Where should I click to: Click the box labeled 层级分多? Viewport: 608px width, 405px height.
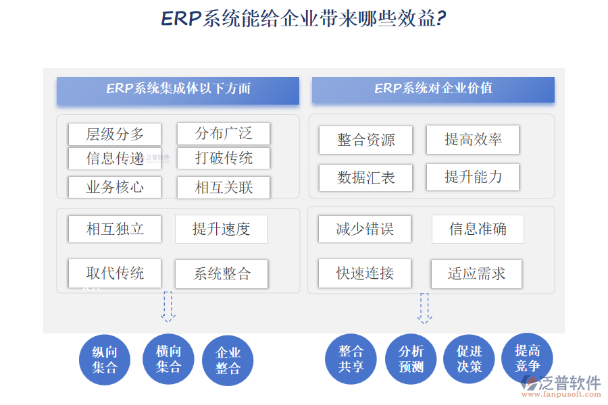[115, 134]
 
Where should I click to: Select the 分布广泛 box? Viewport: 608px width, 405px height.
[224, 133]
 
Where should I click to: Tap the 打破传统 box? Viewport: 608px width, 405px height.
[224, 158]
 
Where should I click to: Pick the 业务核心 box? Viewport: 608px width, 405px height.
[115, 187]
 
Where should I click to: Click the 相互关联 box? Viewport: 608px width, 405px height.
[224, 187]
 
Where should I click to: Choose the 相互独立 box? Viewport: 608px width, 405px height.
[115, 229]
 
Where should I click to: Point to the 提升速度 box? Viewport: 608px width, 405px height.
[221, 229]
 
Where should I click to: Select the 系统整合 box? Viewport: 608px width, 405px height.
[222, 273]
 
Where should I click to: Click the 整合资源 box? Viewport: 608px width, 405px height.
[365, 140]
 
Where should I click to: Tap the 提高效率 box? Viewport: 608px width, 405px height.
[473, 139]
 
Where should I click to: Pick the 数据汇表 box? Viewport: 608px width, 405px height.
[365, 178]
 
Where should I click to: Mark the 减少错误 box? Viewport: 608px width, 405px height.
[365, 229]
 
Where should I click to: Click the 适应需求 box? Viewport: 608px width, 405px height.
[477, 273]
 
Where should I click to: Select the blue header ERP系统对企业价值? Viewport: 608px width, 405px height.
[433, 89]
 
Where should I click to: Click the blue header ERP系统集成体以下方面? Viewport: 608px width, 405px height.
[178, 90]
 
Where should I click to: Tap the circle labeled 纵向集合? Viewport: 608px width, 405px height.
[105, 360]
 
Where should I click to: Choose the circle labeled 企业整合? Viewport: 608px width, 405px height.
[228, 361]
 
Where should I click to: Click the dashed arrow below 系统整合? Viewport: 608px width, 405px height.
[168, 306]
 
